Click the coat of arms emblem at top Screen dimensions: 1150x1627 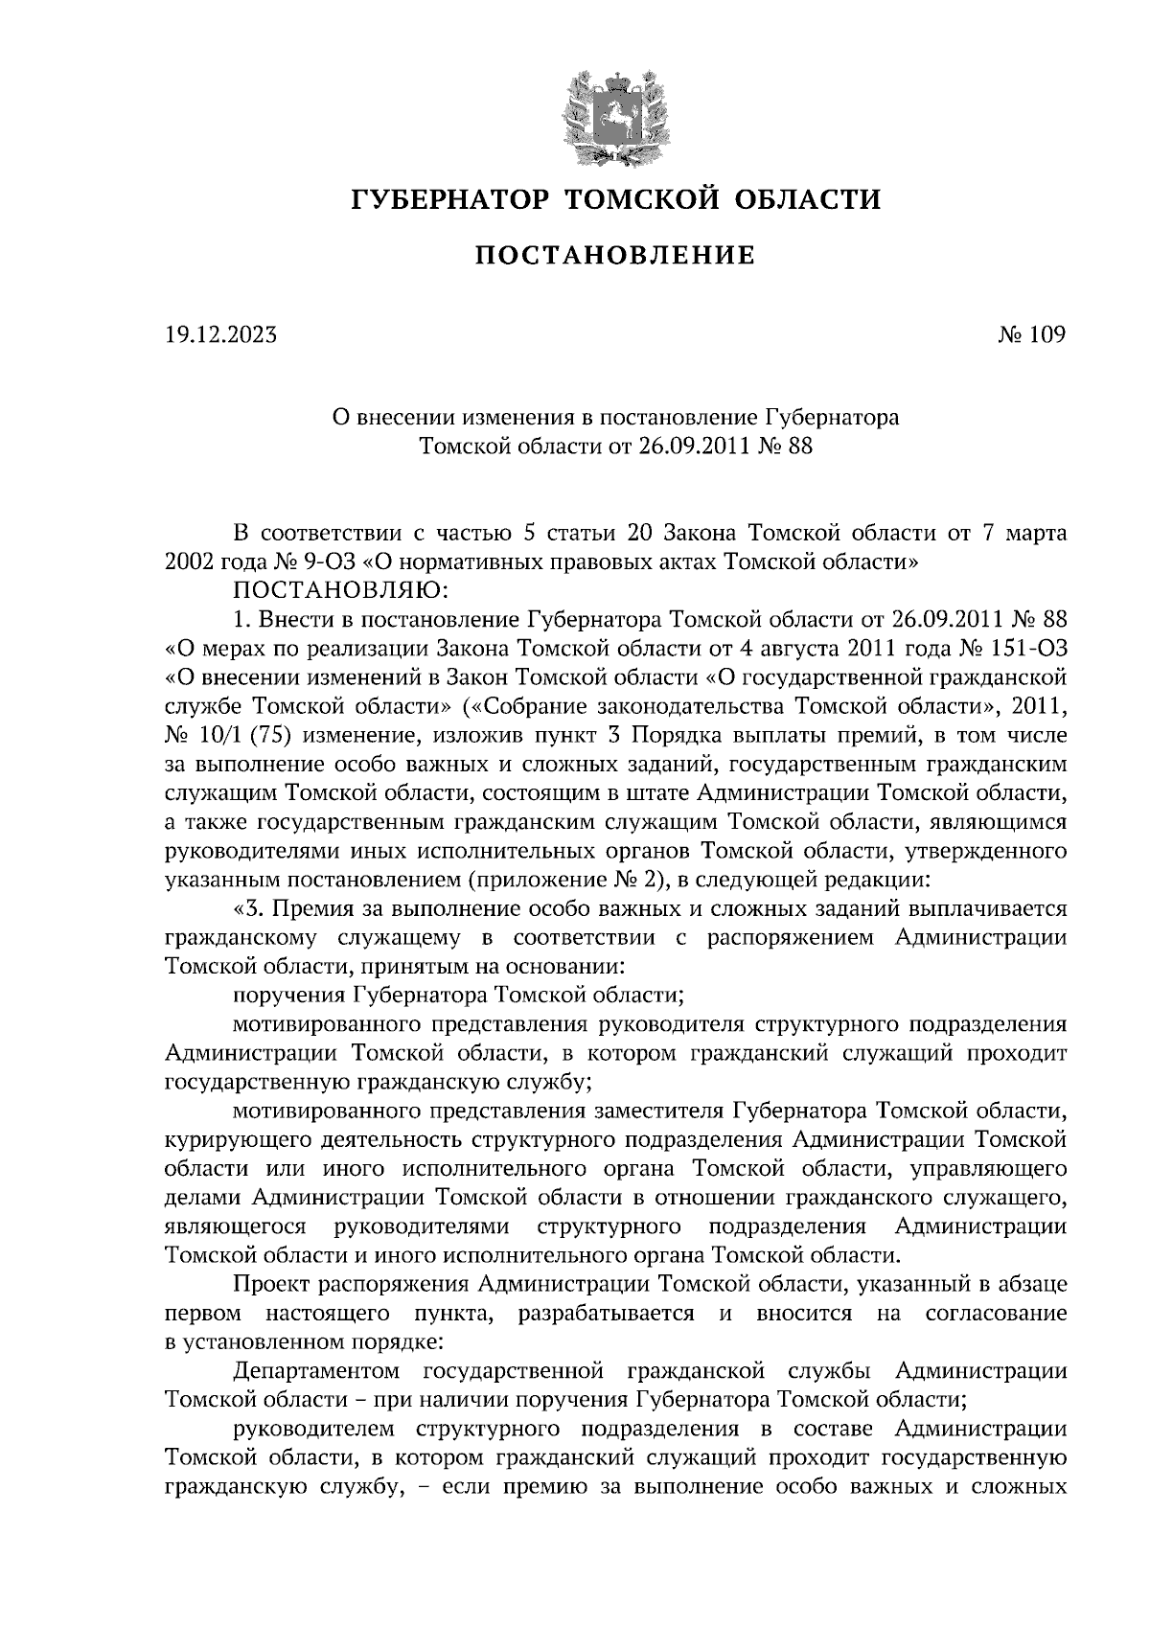click(x=614, y=114)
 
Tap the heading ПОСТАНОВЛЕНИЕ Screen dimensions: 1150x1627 click(x=615, y=256)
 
